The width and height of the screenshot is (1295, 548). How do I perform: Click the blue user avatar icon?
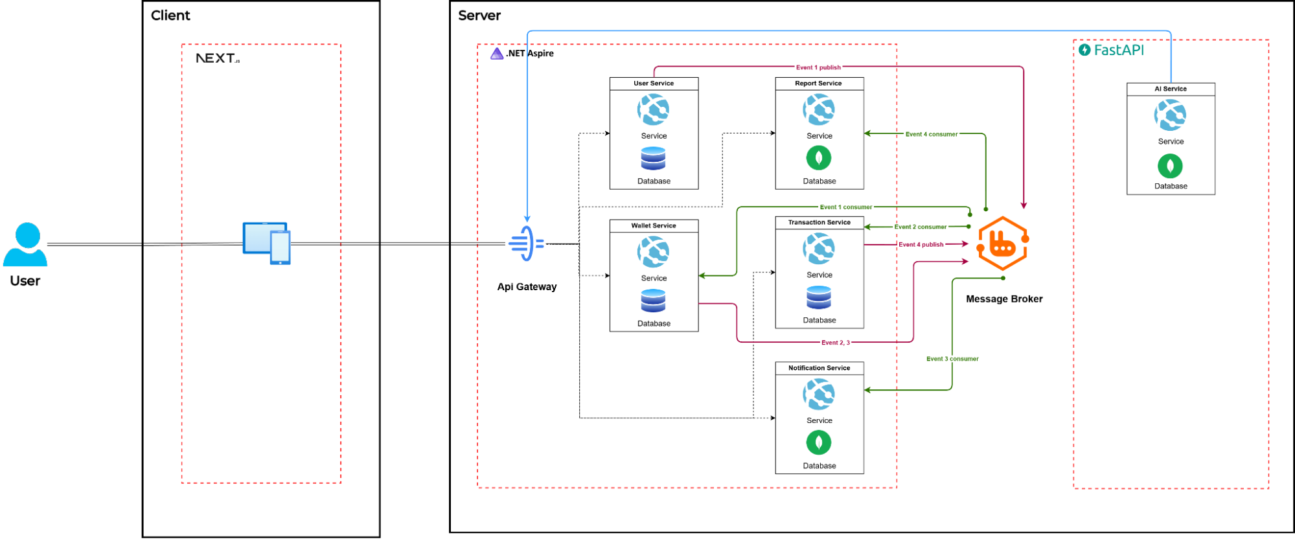[26, 245]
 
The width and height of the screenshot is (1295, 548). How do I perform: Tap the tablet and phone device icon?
[266, 243]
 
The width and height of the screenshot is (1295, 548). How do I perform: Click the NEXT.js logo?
[218, 58]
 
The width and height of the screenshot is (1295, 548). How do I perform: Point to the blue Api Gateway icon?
[527, 244]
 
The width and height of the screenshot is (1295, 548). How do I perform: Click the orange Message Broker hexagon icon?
[1003, 244]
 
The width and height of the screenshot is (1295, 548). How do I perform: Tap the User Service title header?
[654, 84]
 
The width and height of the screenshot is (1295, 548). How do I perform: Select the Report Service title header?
[819, 84]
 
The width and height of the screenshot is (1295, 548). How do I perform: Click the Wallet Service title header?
[654, 225]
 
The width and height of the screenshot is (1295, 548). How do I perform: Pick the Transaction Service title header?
[819, 222]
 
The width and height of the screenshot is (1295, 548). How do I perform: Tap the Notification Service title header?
[819, 368]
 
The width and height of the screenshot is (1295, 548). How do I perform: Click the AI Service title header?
[1170, 89]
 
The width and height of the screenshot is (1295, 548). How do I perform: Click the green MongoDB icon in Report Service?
[819, 158]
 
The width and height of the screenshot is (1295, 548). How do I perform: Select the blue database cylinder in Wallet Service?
[653, 301]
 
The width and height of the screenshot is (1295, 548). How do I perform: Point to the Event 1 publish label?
[818, 67]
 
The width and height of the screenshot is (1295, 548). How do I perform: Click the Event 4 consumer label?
[932, 134]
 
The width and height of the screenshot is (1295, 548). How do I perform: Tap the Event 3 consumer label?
[952, 359]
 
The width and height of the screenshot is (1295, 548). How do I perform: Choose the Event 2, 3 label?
[835, 343]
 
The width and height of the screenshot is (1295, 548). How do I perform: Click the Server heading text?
[479, 16]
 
